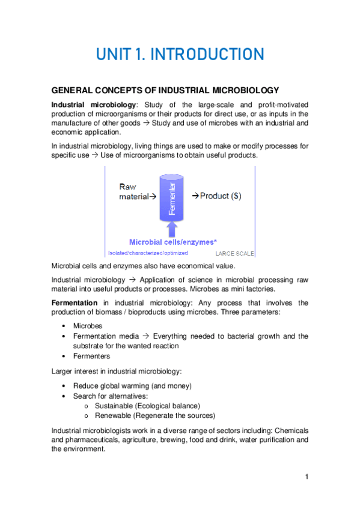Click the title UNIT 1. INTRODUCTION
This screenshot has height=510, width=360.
[180, 55]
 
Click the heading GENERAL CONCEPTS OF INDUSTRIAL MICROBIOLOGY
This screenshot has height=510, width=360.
[165, 91]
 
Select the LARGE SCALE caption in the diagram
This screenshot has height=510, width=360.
[234, 253]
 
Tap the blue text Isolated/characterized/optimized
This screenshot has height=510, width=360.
[148, 253]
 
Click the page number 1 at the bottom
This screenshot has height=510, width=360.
[307, 477]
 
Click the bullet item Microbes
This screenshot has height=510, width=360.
[89, 325]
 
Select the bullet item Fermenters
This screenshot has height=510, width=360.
[93, 356]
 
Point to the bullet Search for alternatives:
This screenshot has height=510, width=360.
[109, 396]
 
